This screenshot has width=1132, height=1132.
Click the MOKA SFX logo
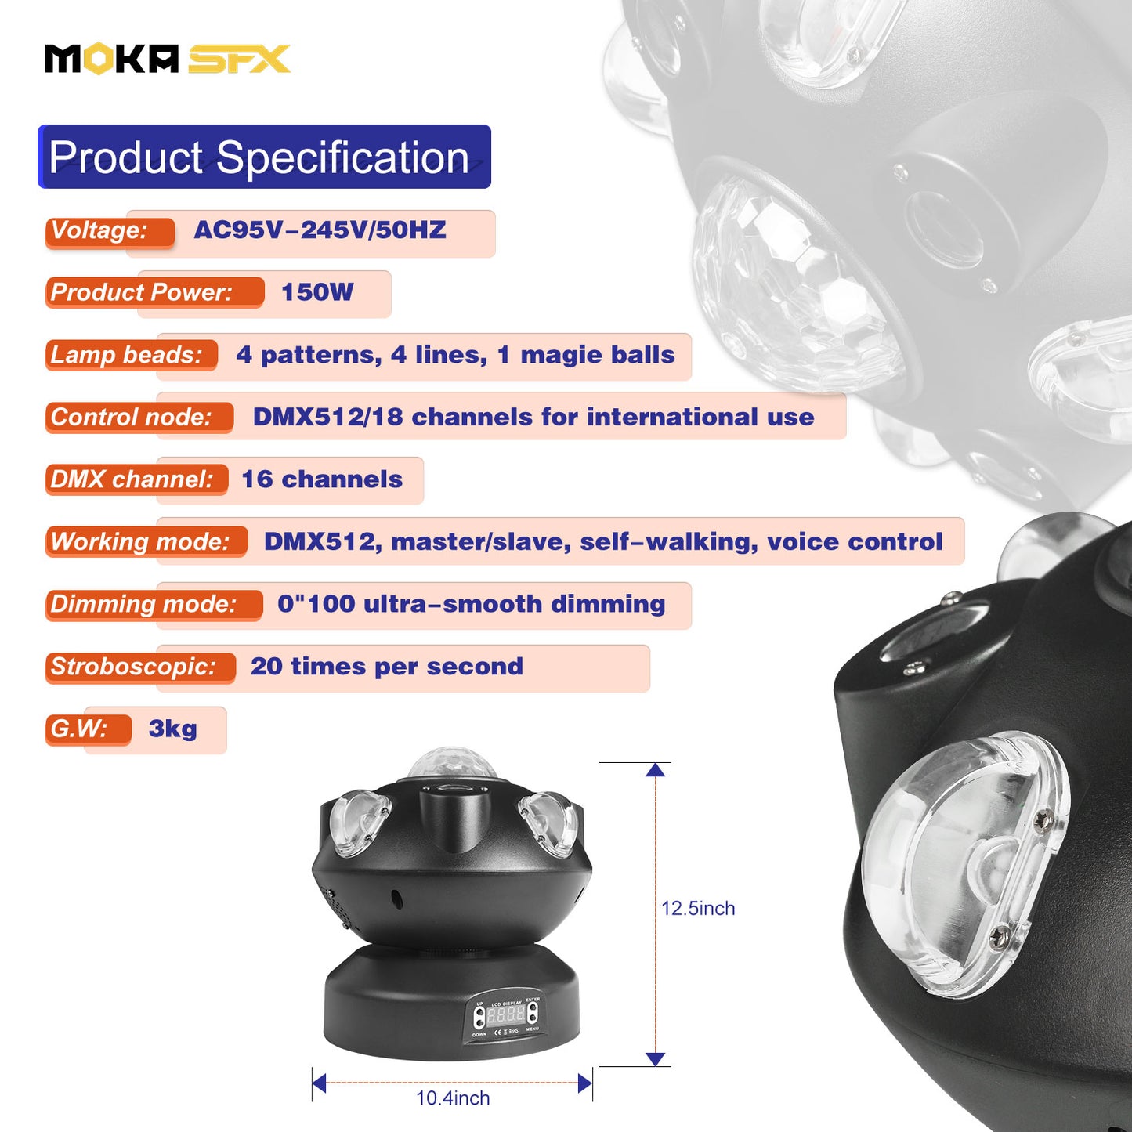coord(167,60)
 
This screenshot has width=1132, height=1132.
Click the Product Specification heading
coord(259,157)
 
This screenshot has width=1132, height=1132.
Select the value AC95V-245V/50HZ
coord(320,230)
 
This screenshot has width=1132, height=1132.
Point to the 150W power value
coord(317,292)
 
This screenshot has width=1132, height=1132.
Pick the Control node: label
coord(132,417)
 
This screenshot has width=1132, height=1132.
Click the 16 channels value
coord(322,479)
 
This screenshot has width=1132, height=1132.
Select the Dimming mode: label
coord(144,604)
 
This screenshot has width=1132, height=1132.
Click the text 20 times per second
coord(387,667)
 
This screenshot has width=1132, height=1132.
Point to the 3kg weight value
coord(173,729)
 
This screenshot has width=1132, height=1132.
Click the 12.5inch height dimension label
coord(698,909)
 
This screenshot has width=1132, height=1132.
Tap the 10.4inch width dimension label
coord(453,1098)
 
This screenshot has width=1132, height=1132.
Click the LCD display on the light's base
coord(506,1015)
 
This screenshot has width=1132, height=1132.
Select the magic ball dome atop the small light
coord(452,765)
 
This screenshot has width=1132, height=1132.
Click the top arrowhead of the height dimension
coord(656,770)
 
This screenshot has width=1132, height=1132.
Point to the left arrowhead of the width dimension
coord(319,1083)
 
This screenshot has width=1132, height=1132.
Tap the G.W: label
coord(79,729)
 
